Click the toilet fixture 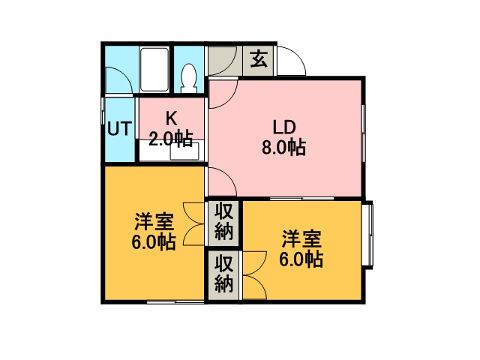(x=189, y=78)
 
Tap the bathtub (x=154, y=70)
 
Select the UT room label (x=120, y=128)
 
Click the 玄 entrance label (x=259, y=59)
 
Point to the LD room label (x=284, y=127)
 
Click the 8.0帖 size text (x=283, y=148)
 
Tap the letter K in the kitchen (x=171, y=118)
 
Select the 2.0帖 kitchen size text (x=171, y=139)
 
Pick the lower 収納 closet (x=223, y=275)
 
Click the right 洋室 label (x=301, y=239)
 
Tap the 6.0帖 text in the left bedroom (x=154, y=242)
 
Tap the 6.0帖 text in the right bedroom (x=301, y=259)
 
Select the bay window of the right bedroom (x=368, y=235)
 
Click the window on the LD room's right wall (x=363, y=133)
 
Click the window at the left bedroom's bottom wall (x=175, y=302)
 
